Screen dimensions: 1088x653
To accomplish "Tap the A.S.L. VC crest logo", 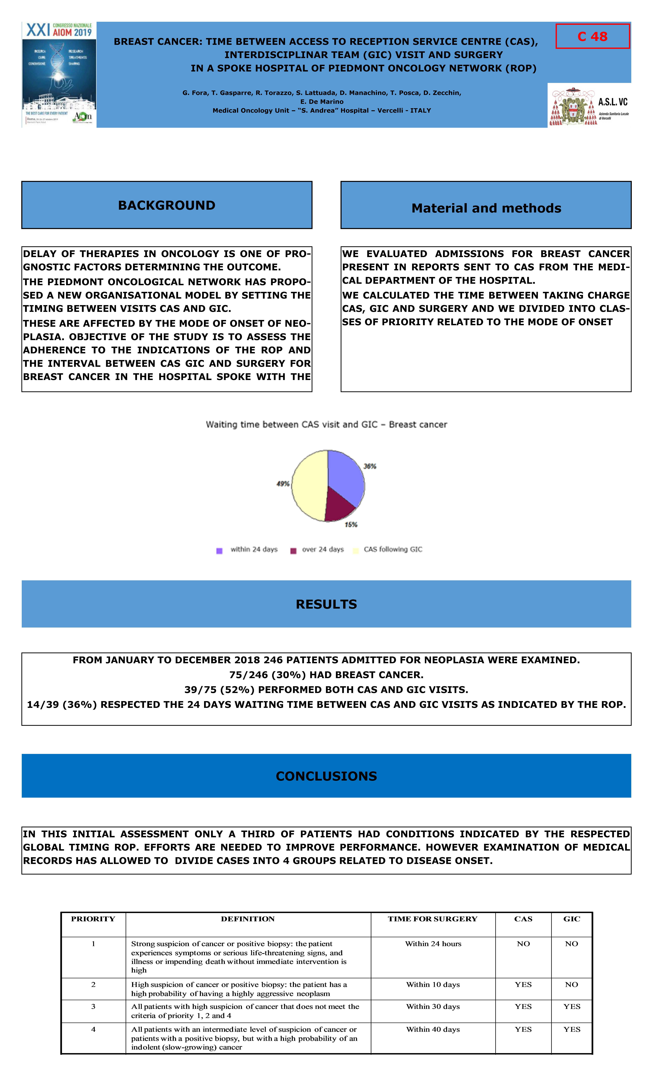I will click(589, 106).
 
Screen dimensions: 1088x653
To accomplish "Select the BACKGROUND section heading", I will click(167, 205).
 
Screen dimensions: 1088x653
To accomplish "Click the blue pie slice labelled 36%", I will click(345, 475).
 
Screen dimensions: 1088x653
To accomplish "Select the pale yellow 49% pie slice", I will click(308, 486).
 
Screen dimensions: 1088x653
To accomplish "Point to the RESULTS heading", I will click(326, 604).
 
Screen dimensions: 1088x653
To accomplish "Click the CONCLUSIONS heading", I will click(326, 776).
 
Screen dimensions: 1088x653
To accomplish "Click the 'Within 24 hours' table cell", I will click(433, 944).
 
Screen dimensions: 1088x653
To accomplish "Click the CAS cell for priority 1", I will click(523, 944).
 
